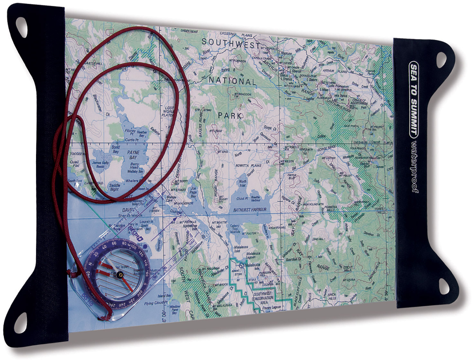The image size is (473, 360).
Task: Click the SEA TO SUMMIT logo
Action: pyautogui.click(x=414, y=98)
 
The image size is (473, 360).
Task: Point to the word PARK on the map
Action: pyautogui.click(x=230, y=115)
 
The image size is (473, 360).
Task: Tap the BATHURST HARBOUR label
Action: pyautogui.click(x=250, y=210)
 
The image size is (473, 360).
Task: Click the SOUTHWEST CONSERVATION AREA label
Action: pyautogui.click(x=263, y=298)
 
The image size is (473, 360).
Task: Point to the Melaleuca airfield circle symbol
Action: pyautogui.click(x=241, y=265)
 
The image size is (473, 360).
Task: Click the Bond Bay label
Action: pyautogui.click(x=116, y=149)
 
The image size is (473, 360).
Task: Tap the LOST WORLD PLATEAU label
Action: pyautogui.click(x=168, y=111)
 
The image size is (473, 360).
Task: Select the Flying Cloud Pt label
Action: pyautogui.click(x=156, y=303)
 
